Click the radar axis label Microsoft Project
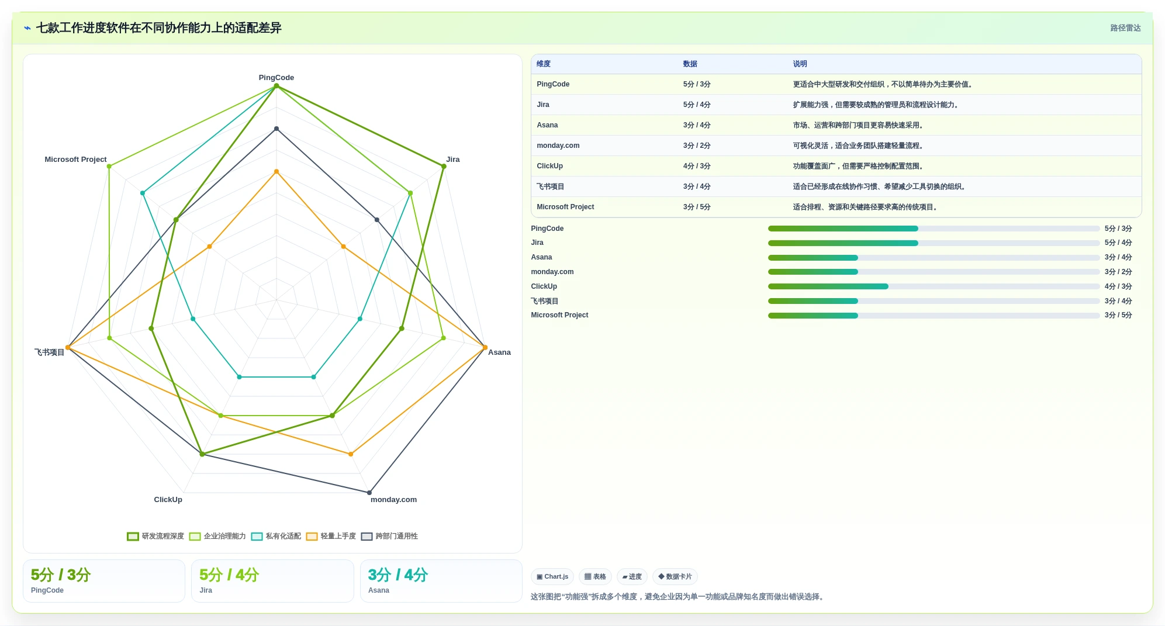tap(75, 160)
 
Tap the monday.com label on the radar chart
tap(393, 500)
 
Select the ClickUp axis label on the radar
tap(168, 500)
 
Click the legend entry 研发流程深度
tap(155, 537)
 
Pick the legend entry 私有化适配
tap(276, 537)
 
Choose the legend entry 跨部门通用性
tap(389, 537)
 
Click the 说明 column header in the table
tap(800, 64)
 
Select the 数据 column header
tap(690, 64)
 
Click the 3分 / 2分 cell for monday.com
tap(697, 146)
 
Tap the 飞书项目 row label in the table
tap(550, 186)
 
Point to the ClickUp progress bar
tap(934, 286)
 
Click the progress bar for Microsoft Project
tap(934, 316)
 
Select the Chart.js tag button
tap(552, 577)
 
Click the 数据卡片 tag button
tap(675, 577)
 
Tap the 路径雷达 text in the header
tap(1125, 28)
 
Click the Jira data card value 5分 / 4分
tap(229, 575)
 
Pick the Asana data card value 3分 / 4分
tap(398, 575)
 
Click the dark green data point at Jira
tap(444, 167)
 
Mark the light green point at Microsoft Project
tap(109, 167)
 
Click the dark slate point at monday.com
tap(369, 493)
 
